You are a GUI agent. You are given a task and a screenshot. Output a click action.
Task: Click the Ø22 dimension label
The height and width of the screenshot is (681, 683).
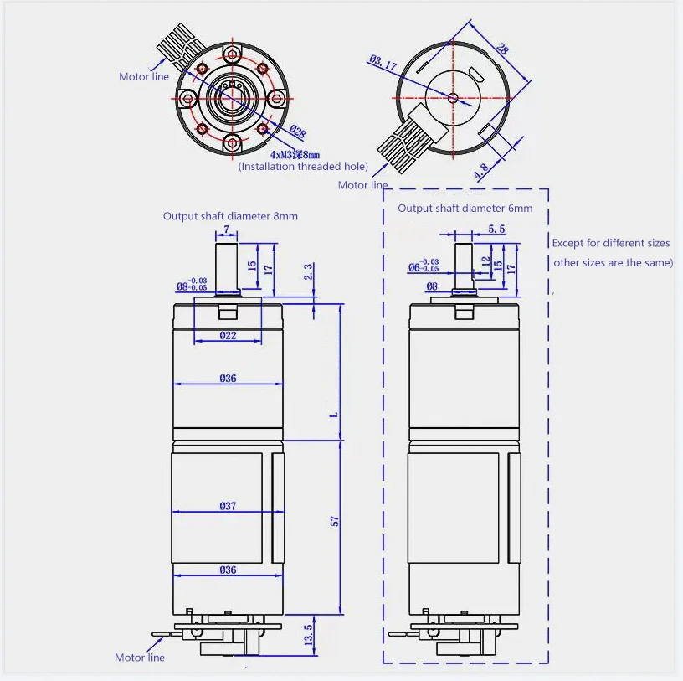228,335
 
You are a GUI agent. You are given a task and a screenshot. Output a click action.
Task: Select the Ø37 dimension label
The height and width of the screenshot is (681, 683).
228,506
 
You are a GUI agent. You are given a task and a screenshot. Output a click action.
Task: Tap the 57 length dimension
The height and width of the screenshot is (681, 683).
334,521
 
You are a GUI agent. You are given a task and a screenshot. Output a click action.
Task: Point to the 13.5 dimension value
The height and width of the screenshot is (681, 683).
308,635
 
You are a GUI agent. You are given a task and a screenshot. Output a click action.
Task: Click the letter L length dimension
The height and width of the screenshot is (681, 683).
334,414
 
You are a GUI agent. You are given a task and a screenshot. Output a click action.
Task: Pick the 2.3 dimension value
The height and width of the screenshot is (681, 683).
308,271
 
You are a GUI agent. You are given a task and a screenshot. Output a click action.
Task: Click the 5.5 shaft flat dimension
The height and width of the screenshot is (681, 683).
496,229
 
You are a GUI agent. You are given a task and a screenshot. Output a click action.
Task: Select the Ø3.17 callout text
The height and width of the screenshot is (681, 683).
383,63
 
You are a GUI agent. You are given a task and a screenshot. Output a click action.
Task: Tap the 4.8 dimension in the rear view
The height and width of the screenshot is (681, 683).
481,171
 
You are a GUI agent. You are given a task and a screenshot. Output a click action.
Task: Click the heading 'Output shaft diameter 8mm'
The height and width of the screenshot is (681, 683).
230,216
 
